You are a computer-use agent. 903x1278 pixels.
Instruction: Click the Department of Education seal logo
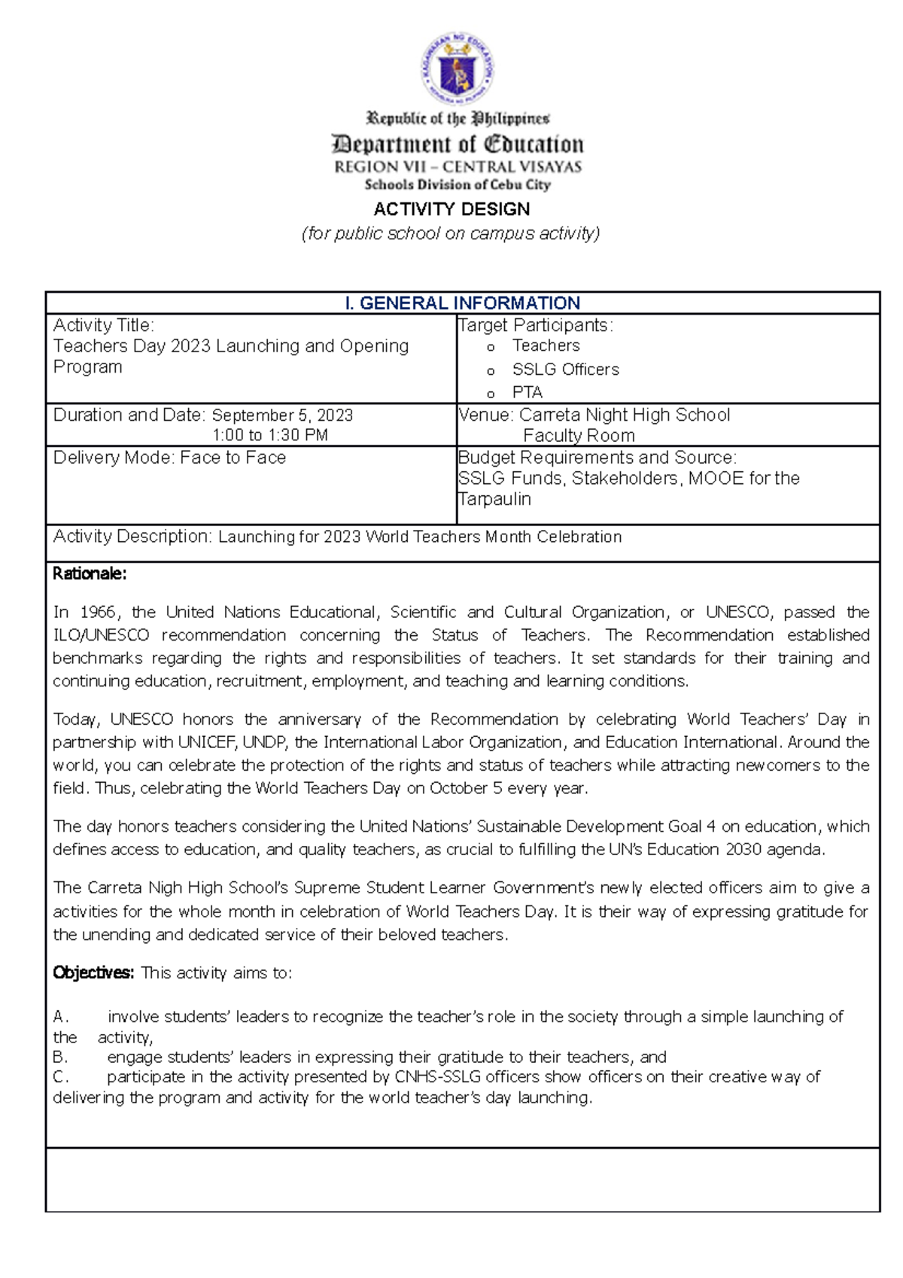(x=457, y=69)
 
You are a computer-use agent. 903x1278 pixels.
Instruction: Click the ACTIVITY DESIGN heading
(x=451, y=209)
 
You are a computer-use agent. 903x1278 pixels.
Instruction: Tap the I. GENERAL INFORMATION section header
(x=462, y=303)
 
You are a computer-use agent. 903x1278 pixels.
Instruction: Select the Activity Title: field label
(x=103, y=325)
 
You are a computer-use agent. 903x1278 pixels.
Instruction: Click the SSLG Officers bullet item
(x=565, y=370)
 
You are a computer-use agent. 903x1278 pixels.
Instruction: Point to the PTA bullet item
(x=527, y=392)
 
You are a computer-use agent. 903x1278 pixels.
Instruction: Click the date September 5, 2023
(x=282, y=415)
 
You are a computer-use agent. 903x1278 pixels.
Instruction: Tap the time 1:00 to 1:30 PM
(x=269, y=435)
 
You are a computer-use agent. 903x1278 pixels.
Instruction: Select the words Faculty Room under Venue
(x=579, y=435)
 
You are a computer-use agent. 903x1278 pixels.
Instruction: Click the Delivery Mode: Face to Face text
(x=169, y=458)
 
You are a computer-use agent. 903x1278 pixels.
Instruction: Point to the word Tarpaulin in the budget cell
(x=494, y=499)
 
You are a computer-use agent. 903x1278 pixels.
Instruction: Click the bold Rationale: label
(x=90, y=574)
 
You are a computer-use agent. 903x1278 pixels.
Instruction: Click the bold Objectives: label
(x=93, y=972)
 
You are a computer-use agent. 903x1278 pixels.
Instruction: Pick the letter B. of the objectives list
(x=60, y=1057)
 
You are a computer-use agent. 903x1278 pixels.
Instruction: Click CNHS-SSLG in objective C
(x=437, y=1077)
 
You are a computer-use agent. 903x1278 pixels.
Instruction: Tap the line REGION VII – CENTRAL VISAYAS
(x=458, y=167)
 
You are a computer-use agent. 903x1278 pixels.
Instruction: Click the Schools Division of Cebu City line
(x=458, y=184)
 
